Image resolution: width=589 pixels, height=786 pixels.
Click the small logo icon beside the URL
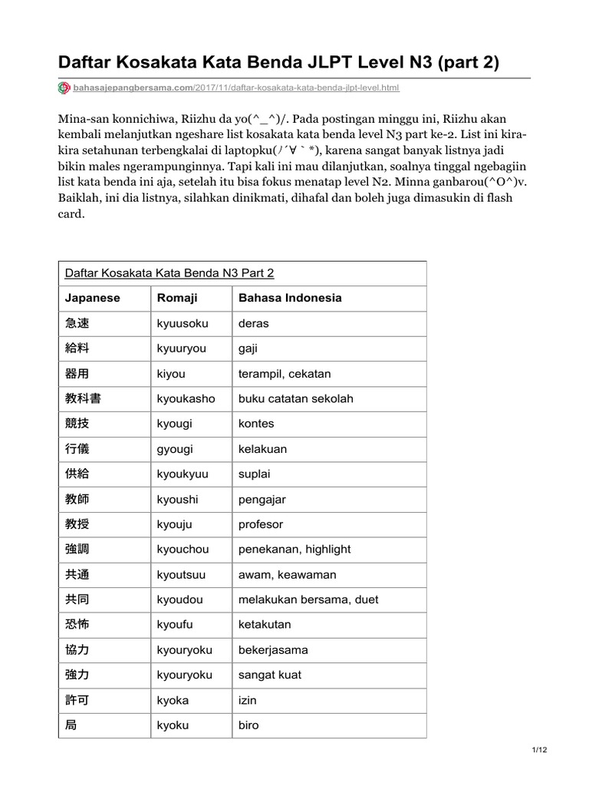click(x=64, y=88)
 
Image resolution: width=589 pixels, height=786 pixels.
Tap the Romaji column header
click(x=177, y=298)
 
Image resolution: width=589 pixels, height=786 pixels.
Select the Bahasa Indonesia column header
click(x=290, y=298)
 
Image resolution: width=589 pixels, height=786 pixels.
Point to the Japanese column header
click(x=93, y=298)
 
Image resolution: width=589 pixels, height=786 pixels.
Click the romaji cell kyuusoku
click(x=183, y=323)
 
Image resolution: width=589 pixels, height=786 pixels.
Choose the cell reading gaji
click(x=248, y=348)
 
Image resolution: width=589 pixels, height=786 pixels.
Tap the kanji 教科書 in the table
click(x=83, y=398)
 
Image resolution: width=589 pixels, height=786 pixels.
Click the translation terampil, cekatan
click(x=285, y=374)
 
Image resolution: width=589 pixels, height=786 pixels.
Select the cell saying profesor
click(x=261, y=524)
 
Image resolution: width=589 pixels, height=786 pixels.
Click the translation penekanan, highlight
click(x=294, y=549)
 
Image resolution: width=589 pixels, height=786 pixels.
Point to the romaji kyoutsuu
click(x=182, y=574)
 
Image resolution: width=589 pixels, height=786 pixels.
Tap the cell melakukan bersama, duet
click(x=308, y=599)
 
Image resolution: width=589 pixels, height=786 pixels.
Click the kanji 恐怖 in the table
click(x=77, y=624)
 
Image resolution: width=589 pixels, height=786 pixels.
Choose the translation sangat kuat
click(x=270, y=675)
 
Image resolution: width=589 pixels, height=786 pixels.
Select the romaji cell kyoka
click(x=173, y=700)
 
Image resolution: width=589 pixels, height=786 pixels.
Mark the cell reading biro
click(x=248, y=725)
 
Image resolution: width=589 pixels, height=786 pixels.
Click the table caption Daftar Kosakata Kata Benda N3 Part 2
click(x=169, y=272)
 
